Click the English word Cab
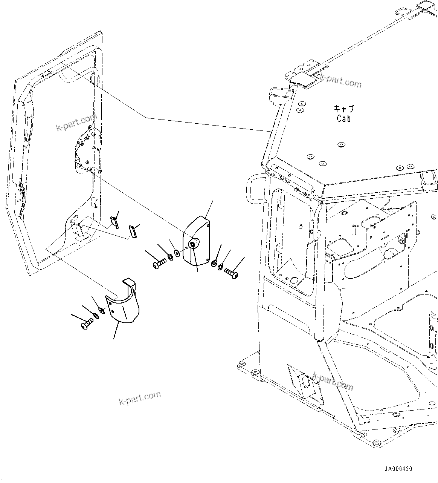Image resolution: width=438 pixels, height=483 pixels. pyautogui.click(x=344, y=118)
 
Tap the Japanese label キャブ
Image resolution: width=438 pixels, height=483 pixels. pyautogui.click(x=344, y=109)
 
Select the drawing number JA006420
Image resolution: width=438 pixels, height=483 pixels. pyautogui.click(x=398, y=469)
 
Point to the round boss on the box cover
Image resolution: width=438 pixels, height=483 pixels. pyautogui.click(x=193, y=245)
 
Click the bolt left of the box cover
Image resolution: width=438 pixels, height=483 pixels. pyautogui.click(x=159, y=262)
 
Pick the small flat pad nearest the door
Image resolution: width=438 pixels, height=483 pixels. pyautogui.click(x=114, y=222)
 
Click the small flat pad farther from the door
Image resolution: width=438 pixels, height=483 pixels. pyautogui.click(x=132, y=231)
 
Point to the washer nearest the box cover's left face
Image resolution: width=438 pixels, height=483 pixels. pyautogui.click(x=177, y=252)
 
